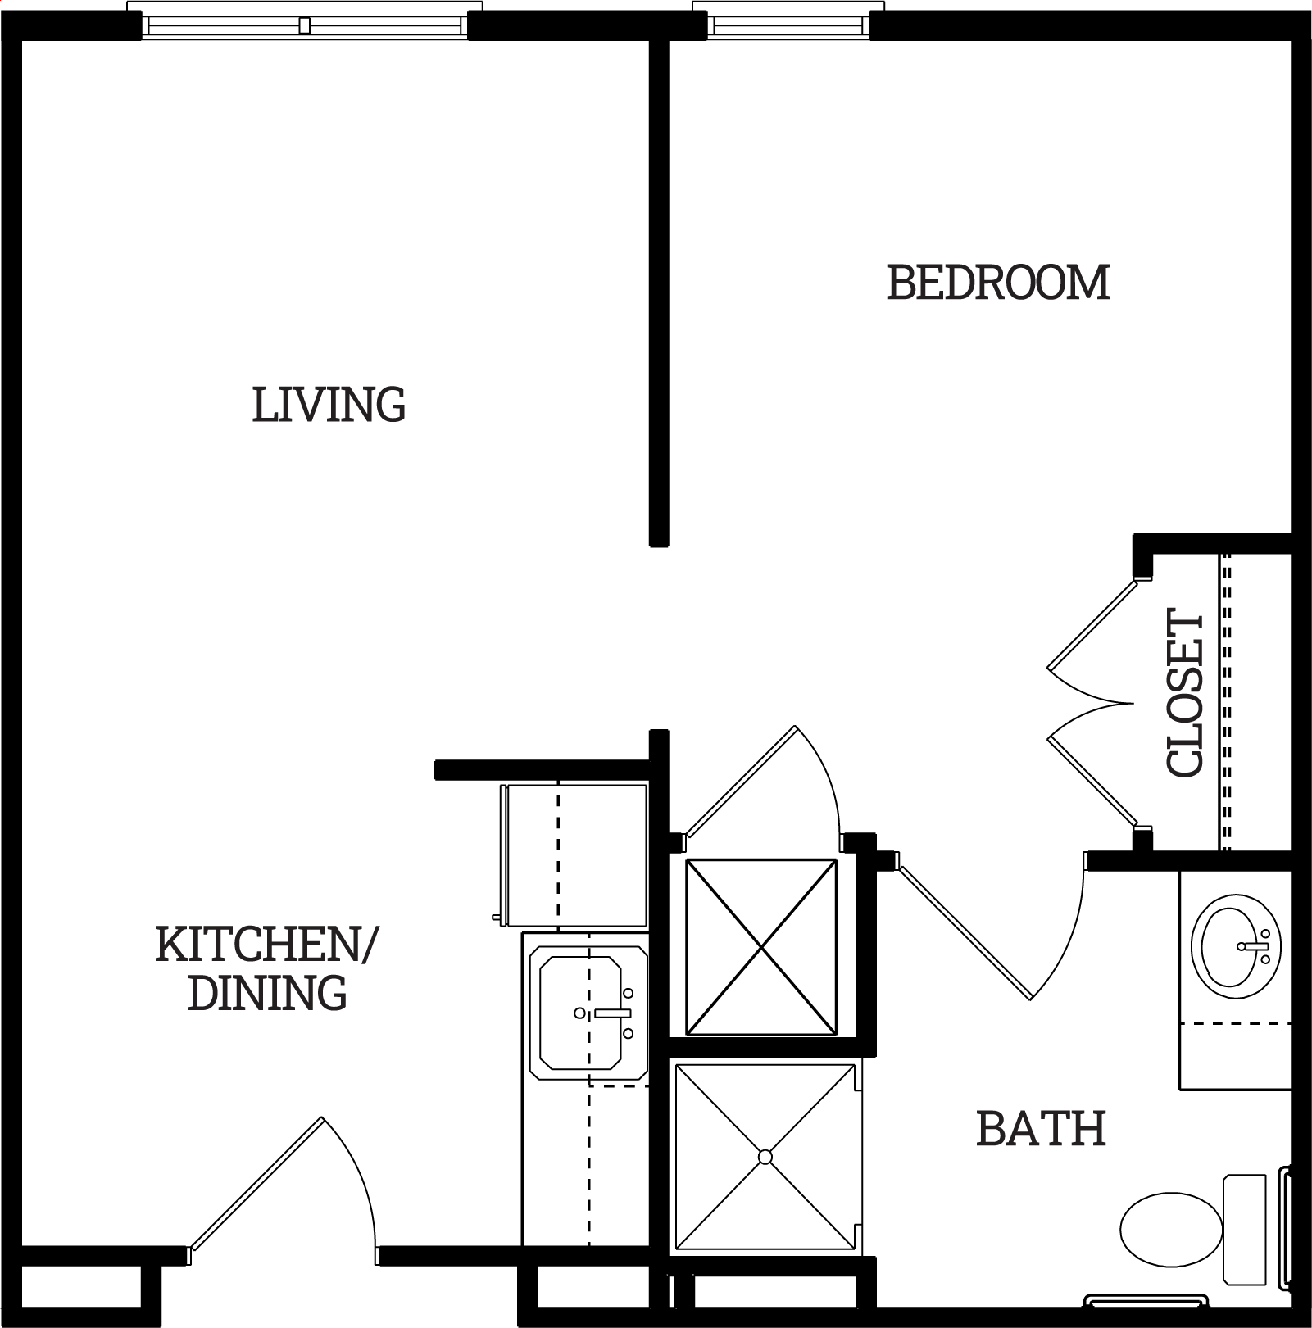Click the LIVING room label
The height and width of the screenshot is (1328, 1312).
(x=329, y=405)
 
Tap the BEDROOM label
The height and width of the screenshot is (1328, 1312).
(x=998, y=283)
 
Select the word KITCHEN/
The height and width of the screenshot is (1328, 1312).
(x=266, y=945)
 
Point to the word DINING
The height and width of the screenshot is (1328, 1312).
(x=267, y=992)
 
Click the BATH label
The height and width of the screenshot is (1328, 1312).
(x=1041, y=1129)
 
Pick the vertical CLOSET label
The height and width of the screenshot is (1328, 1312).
(x=1185, y=692)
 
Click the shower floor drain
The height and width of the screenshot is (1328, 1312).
(x=765, y=1157)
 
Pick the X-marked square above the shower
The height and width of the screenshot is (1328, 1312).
(x=761, y=947)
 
